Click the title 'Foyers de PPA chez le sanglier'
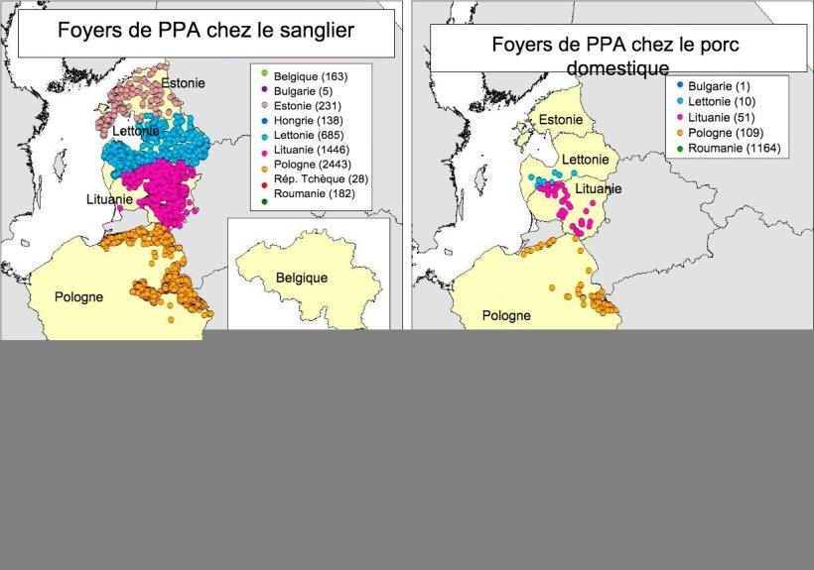pos(205,30)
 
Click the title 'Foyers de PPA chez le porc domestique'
pos(615,56)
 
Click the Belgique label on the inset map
pos(302,279)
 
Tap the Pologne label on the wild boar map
pos(78,296)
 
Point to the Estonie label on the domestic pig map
pos(561,121)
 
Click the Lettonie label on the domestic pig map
pos(586,160)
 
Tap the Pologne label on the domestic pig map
pos(506,316)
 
